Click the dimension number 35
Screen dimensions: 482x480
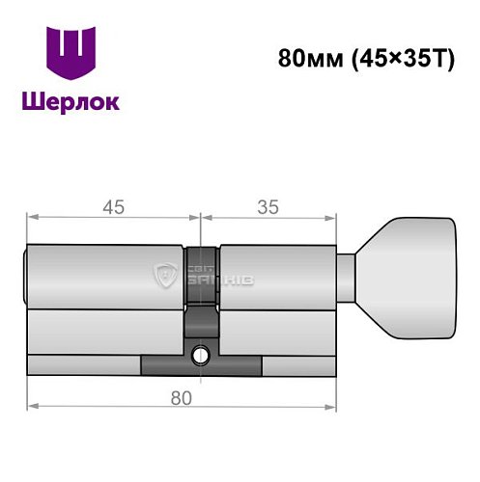[269, 205]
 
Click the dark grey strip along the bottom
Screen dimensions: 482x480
[201, 366]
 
